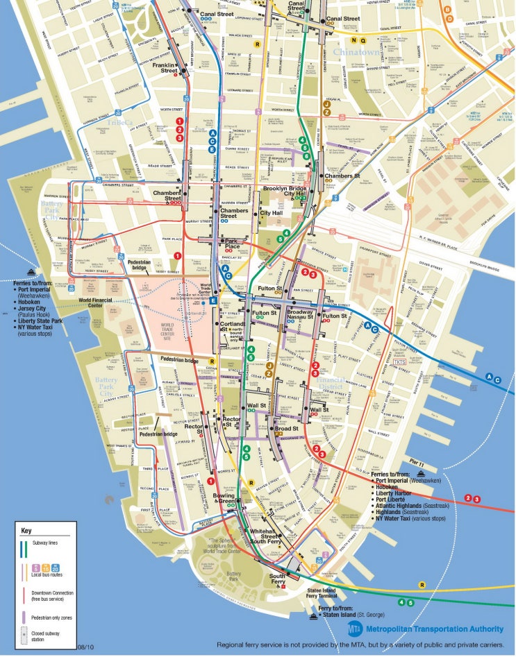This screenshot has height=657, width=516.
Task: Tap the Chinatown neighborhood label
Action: tap(357, 52)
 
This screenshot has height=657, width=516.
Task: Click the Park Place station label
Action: tap(232, 244)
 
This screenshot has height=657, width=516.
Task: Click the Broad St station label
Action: tap(287, 429)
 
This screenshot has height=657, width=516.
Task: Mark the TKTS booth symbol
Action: tap(399, 362)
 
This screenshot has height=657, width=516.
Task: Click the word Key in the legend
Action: tap(26, 530)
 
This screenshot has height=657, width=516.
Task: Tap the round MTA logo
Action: tap(355, 628)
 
